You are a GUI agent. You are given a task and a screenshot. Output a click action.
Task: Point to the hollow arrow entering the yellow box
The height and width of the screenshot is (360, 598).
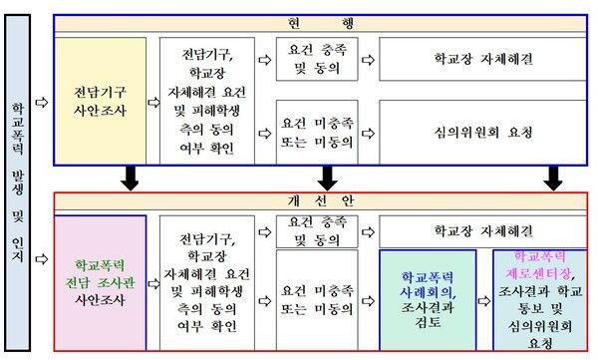[x=40, y=101]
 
